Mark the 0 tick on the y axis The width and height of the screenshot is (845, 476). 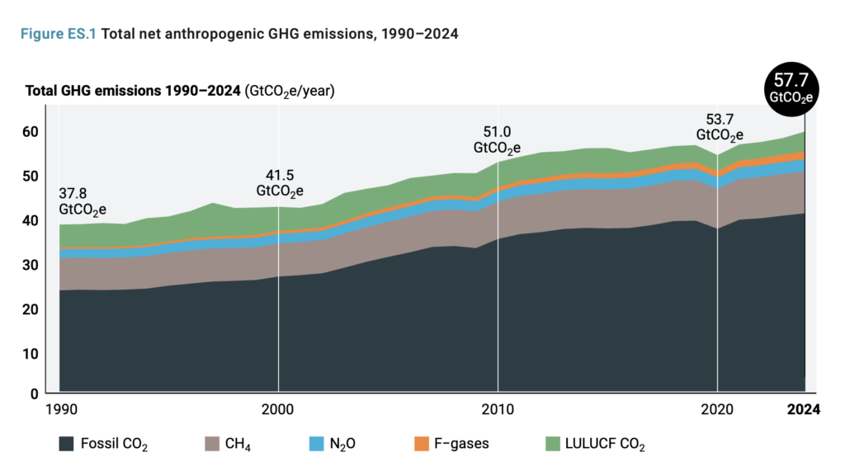tap(35, 394)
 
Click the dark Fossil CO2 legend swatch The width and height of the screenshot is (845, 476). tap(66, 444)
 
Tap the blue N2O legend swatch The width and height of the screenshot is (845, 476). tap(316, 444)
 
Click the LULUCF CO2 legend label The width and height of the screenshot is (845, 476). tap(606, 445)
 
